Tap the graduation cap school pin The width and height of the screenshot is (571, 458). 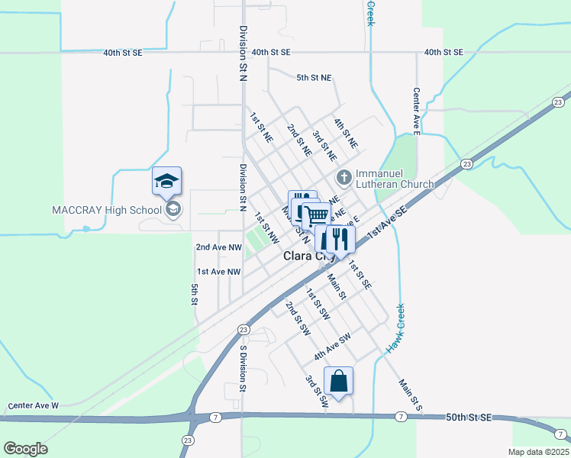coord(166,182)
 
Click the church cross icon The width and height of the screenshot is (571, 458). coord(344,178)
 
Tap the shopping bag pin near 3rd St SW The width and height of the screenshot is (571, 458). coord(338,381)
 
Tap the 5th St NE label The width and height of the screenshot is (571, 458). coord(314,77)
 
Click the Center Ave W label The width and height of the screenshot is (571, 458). coord(33,405)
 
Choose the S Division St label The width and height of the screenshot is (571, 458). coord(243,368)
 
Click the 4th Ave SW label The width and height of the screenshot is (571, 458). coord(332,347)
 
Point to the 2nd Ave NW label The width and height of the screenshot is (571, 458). coord(218,247)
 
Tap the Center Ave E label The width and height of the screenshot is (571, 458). coord(417,111)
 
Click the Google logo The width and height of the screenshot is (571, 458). coord(25,449)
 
